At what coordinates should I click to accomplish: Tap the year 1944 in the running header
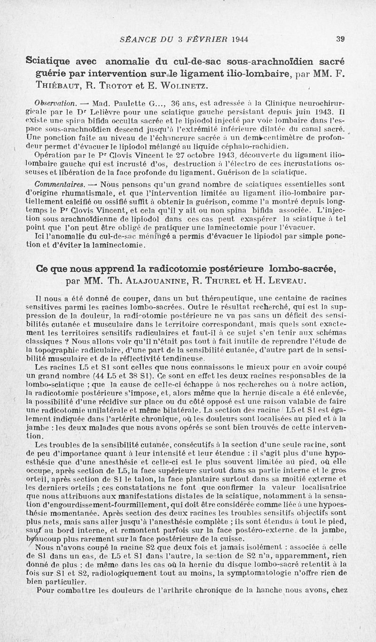tap(240, 39)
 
